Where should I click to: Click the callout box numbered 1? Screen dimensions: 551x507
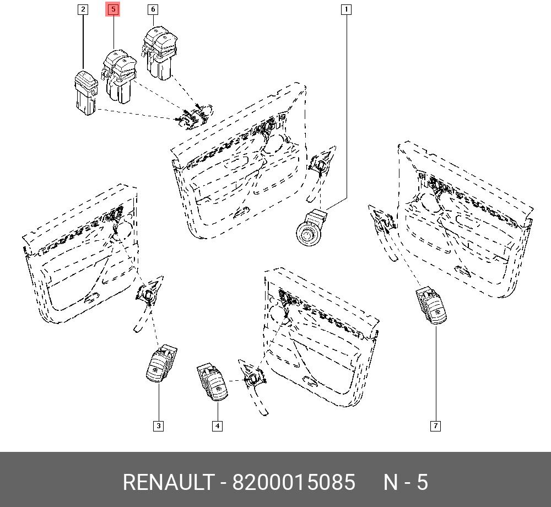[x=346, y=9]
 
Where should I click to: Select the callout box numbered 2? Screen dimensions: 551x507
[x=83, y=9]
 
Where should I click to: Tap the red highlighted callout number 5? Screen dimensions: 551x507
[x=113, y=9]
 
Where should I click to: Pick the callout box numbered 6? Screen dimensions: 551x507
[x=153, y=9]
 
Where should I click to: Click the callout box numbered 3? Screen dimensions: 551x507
[x=159, y=426]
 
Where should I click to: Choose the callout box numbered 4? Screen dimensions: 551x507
[x=218, y=426]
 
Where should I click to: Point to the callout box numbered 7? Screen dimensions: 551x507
[x=435, y=426]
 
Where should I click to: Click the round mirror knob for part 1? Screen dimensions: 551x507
[x=311, y=228]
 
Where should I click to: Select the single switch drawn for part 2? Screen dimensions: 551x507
[x=86, y=92]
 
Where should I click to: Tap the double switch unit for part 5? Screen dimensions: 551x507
[x=120, y=76]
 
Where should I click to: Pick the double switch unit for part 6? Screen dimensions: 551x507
[x=160, y=53]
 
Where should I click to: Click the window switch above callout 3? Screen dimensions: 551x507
[x=161, y=364]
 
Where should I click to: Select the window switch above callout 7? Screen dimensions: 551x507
[x=431, y=306]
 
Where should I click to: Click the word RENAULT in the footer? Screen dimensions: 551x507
[x=168, y=482]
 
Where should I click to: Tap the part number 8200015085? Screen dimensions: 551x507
[x=294, y=482]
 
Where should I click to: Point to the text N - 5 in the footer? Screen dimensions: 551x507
[x=406, y=482]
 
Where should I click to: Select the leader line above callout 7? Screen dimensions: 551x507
[x=436, y=373]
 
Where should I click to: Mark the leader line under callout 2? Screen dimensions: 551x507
[x=83, y=42]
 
